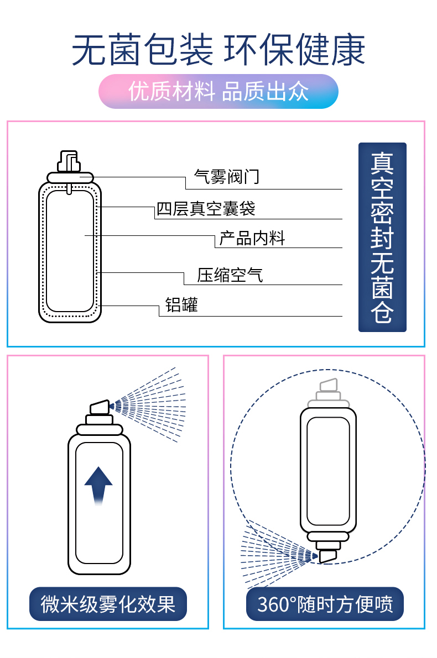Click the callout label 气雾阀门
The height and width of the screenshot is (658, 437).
click(226, 177)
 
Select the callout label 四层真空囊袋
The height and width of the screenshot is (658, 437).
click(206, 209)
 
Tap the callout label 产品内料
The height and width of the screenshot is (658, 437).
click(252, 238)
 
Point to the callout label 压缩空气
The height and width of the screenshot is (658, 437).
click(230, 275)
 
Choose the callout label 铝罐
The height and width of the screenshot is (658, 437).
click(181, 304)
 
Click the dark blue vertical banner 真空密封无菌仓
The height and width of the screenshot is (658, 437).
click(382, 237)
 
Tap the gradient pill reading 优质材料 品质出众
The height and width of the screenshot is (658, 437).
click(218, 92)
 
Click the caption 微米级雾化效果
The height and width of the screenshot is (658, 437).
click(108, 604)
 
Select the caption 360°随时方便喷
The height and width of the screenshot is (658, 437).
click(325, 604)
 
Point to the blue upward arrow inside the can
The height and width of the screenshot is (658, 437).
click(98, 485)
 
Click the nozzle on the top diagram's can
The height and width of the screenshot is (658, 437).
click(69, 161)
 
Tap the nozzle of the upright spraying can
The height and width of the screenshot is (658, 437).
click(100, 408)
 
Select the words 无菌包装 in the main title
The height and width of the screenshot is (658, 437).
click(143, 50)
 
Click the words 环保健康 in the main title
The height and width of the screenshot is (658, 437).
click(294, 50)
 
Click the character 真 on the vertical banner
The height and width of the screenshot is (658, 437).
click(382, 163)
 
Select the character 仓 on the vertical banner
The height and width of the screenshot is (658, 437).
click(382, 312)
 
